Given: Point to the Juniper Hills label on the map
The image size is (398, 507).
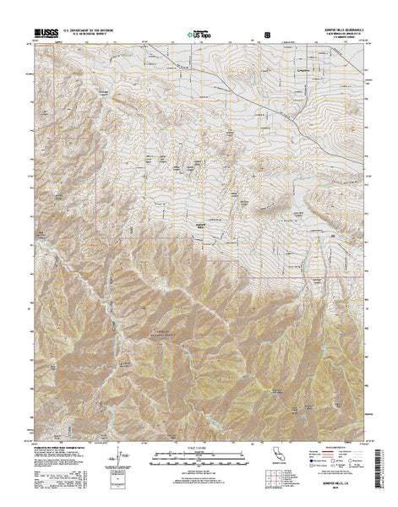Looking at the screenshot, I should point(201,225).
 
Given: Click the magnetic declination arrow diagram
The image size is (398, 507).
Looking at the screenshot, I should point(115,464).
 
